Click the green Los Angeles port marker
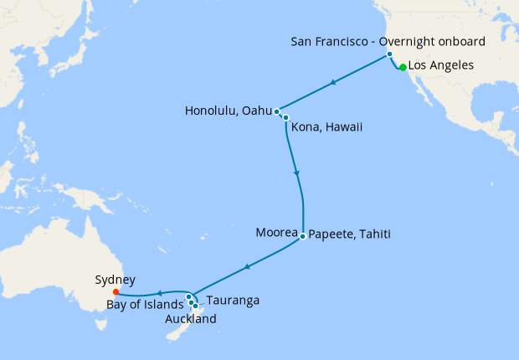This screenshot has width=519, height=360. pyautogui.click(x=403, y=68)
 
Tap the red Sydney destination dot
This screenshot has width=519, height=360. pyautogui.click(x=116, y=292)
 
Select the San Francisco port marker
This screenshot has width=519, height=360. pyautogui.click(x=389, y=54)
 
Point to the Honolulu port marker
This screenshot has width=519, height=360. pyautogui.click(x=276, y=111)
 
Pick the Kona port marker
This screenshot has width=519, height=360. pyautogui.click(x=285, y=117)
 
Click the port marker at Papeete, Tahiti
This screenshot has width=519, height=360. pyautogui.click(x=302, y=234)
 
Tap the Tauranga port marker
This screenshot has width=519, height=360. pyautogui.click(x=195, y=306)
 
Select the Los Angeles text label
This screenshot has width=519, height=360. pyautogui.click(x=441, y=65)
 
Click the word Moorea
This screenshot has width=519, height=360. pyautogui.click(x=275, y=234)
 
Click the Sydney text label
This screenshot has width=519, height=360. pyautogui.click(x=116, y=280)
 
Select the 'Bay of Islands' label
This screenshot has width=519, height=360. pyautogui.click(x=144, y=304)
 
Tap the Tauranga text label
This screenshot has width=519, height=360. pyautogui.click(x=232, y=300)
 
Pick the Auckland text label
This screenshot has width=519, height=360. pyautogui.click(x=191, y=319)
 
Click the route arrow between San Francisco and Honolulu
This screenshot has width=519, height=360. pyautogui.click(x=334, y=82)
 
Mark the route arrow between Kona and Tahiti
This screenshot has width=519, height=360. pyautogui.click(x=297, y=174)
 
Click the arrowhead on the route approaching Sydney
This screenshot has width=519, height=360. pyautogui.click(x=160, y=294)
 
